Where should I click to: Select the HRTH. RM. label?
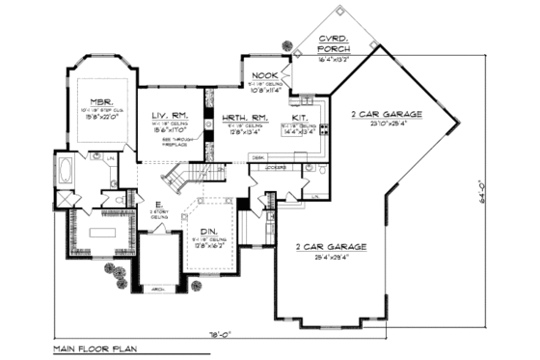(233, 117)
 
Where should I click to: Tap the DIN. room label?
(206, 234)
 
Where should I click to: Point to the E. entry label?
(158, 206)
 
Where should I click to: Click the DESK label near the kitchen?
(257, 157)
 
